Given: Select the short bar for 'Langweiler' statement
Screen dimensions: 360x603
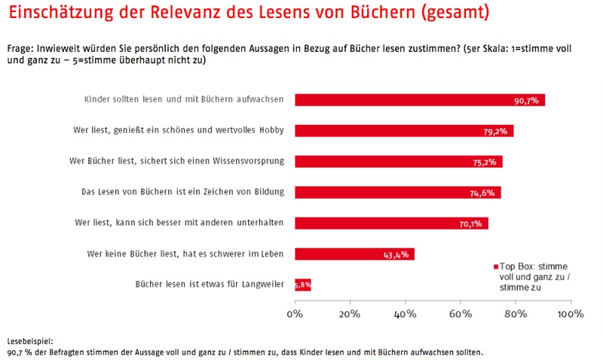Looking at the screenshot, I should click(302, 285).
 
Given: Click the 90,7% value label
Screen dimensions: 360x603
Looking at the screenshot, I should click(525, 101).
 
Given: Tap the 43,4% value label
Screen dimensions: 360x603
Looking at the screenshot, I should click(396, 255).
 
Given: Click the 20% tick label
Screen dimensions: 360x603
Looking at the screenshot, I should click(350, 313).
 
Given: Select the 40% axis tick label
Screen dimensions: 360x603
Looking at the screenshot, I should click(406, 313).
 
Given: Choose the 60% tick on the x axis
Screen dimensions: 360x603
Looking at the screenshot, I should click(461, 313).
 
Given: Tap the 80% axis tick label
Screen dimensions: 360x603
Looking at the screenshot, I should click(516, 313).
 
